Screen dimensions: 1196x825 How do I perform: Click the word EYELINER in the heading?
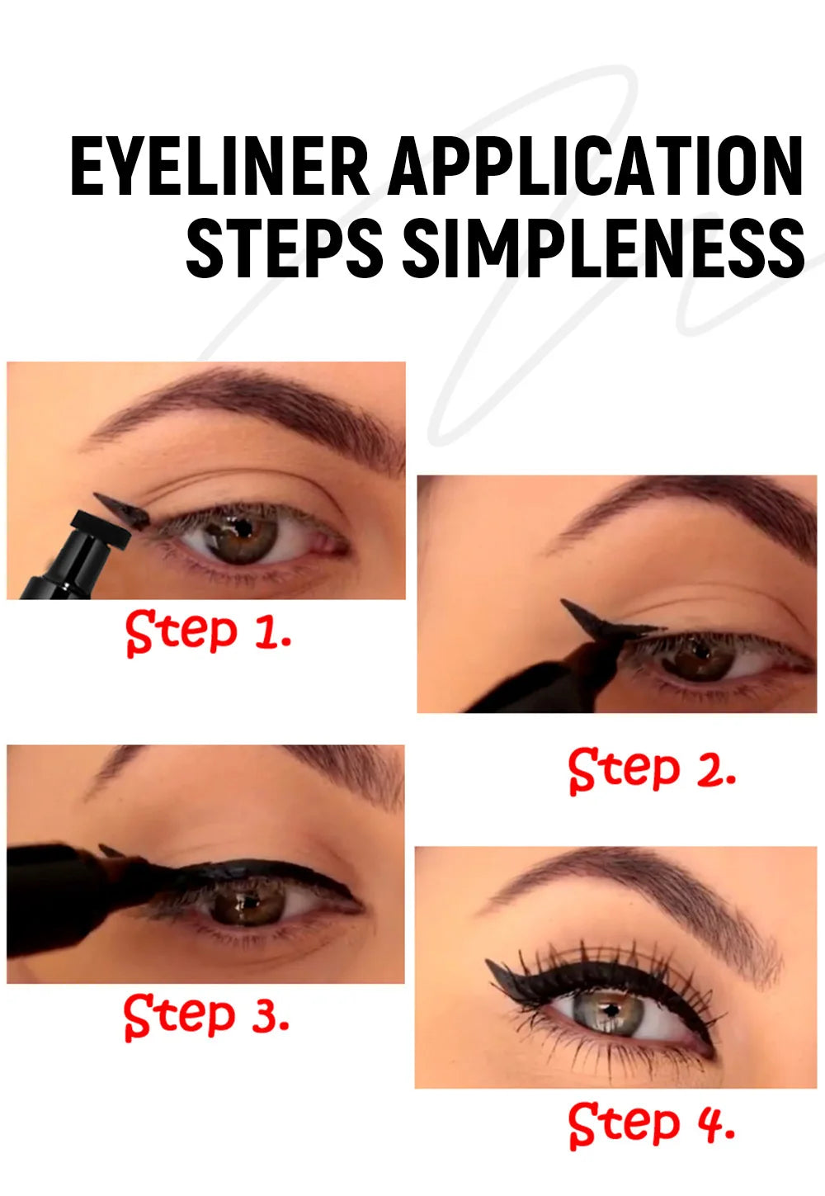(219, 168)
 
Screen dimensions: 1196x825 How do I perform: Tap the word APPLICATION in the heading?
(596, 168)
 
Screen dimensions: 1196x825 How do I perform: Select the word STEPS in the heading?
(285, 248)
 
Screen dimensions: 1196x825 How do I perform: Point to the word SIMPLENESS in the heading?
(603, 248)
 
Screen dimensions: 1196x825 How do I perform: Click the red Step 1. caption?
(209, 632)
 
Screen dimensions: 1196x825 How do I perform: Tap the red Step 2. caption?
(652, 770)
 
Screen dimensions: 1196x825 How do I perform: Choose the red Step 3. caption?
(207, 1015)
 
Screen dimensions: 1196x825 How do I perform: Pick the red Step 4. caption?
(652, 1123)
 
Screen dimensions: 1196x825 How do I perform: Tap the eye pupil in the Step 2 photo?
(702, 652)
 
